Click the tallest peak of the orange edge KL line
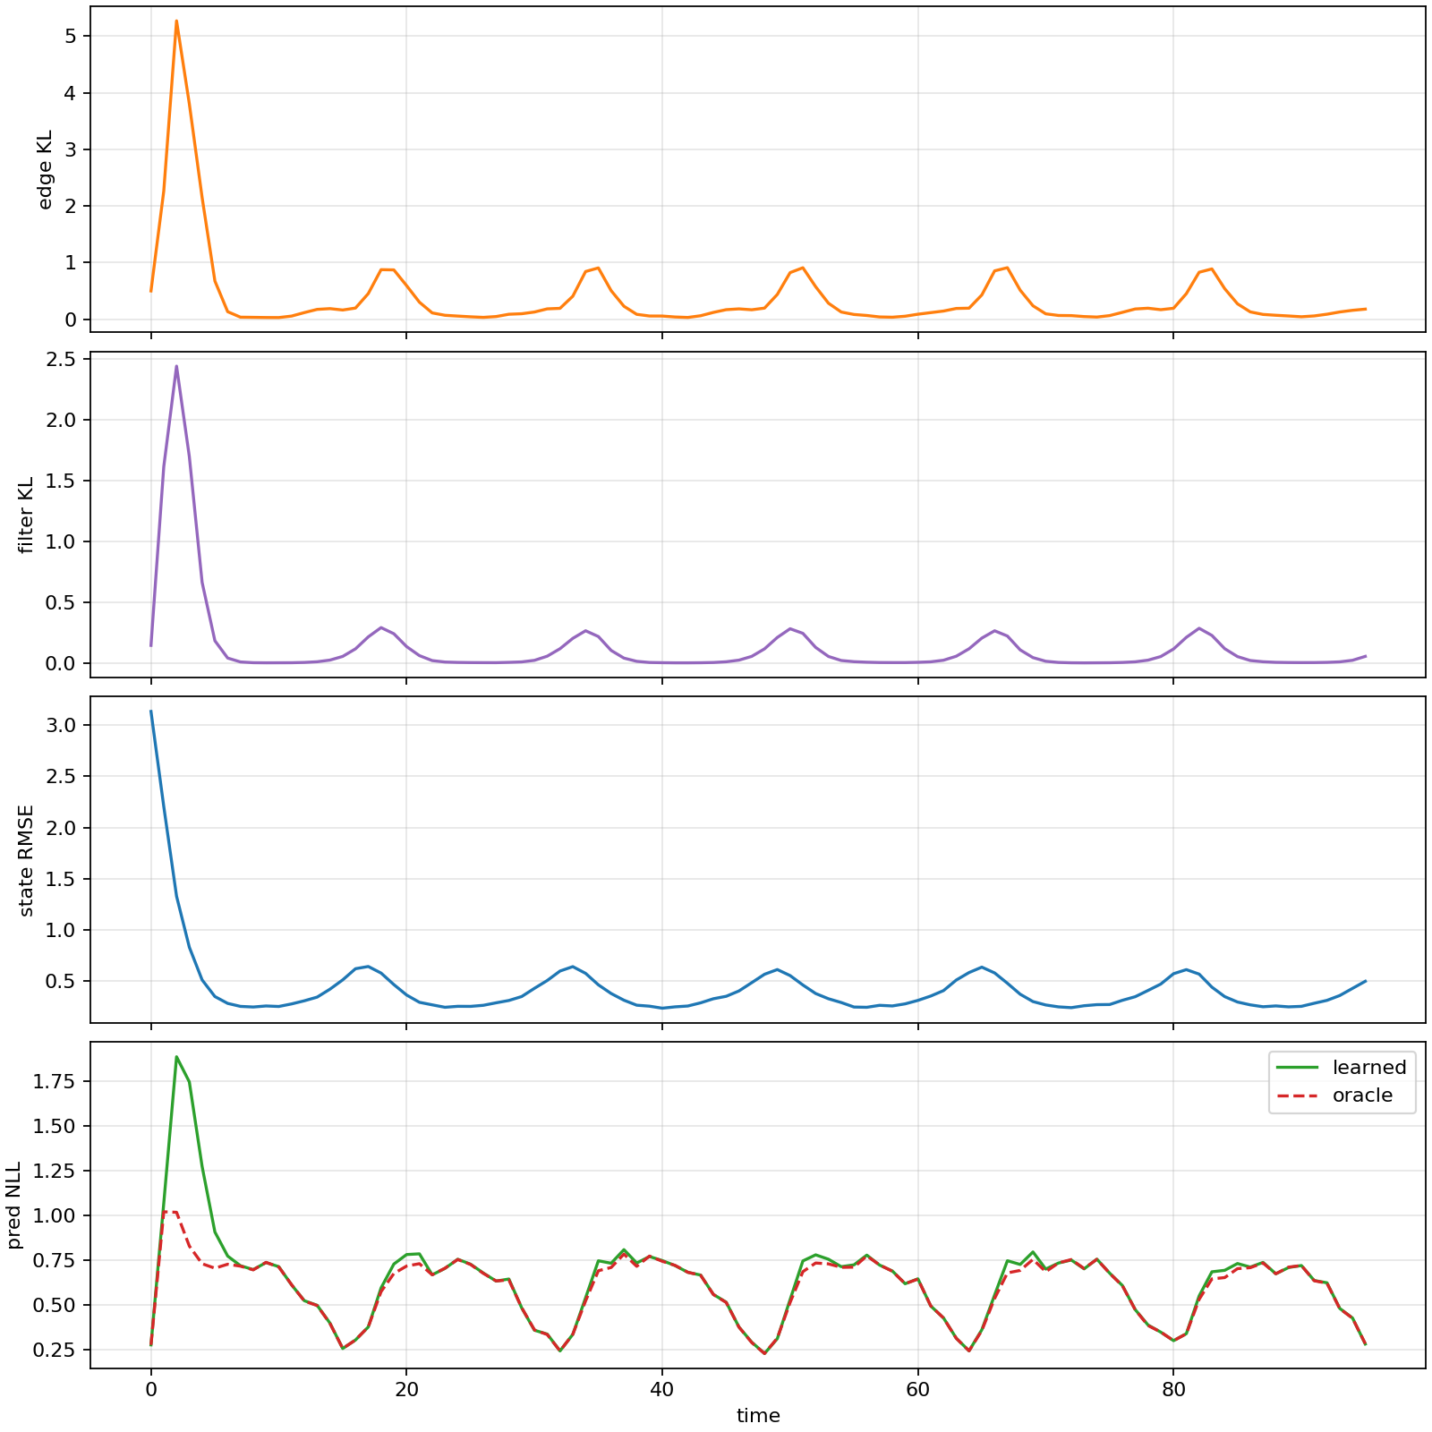pos(176,21)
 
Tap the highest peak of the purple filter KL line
pos(176,366)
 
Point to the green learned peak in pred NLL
pos(176,1057)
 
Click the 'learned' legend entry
pos(1368,1068)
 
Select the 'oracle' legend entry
pos(1362,1095)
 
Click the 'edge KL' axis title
pos(46,169)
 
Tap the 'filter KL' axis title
pos(26,515)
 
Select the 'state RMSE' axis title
pos(26,860)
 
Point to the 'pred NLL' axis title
pos(14,1205)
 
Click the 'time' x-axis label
pos(758,1416)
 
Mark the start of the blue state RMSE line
pos(150,712)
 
